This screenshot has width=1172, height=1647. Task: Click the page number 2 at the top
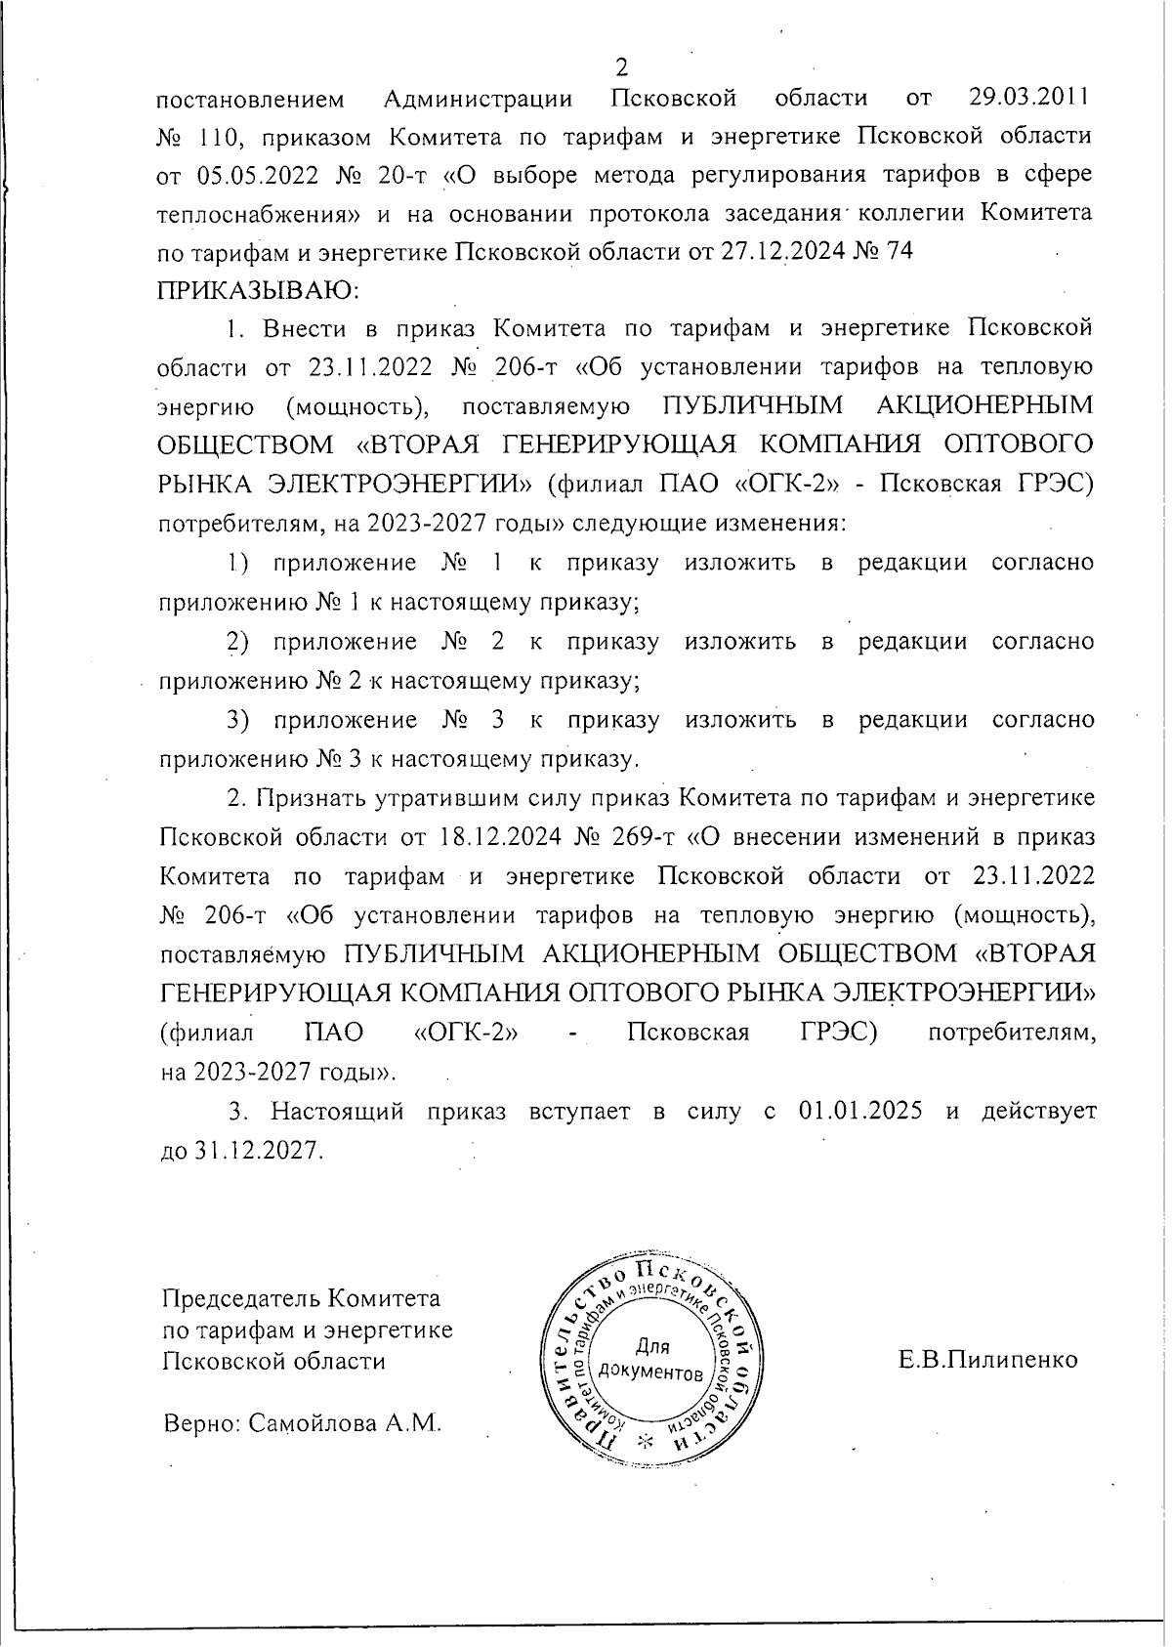point(621,67)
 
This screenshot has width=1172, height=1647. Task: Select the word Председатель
point(240,1299)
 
